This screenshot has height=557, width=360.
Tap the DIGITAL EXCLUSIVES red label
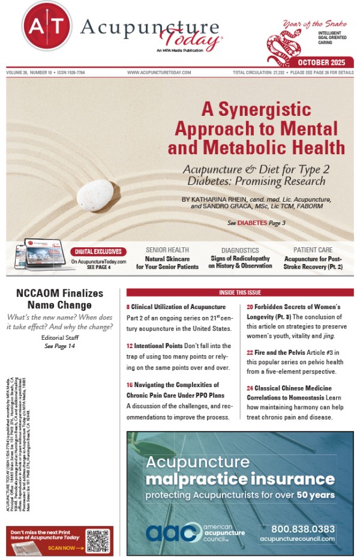click(98, 251)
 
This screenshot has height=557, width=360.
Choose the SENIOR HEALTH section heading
click(167, 250)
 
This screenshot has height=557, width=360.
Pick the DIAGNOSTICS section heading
click(240, 250)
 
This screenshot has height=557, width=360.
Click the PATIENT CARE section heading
click(313, 250)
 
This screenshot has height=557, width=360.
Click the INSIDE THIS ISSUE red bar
click(239, 292)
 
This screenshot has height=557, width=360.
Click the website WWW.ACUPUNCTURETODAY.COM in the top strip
click(159, 72)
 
